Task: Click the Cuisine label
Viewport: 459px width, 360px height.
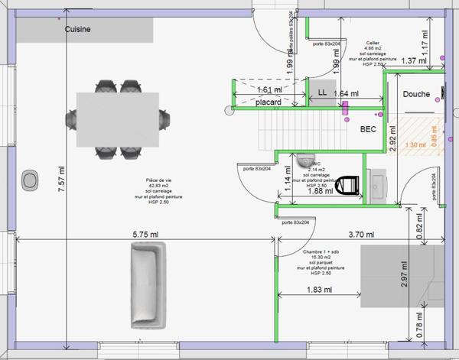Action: pos(78,29)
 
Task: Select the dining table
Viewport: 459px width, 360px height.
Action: pos(118,118)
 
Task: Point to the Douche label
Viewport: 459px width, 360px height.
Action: pos(417,95)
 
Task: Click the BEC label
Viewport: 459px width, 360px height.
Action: pos(368,129)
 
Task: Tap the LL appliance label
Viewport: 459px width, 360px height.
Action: pos(322,92)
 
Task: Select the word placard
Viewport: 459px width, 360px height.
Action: pos(269,102)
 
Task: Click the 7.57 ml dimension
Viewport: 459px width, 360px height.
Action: pos(62,180)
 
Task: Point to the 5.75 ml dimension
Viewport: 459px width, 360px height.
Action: pos(145,234)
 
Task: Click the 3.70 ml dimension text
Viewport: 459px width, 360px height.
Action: pos(360,234)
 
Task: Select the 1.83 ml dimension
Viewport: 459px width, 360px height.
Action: pos(315,290)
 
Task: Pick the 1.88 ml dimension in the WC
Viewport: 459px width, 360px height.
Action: pos(319,191)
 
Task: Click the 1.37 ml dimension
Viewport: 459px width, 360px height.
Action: pos(414,60)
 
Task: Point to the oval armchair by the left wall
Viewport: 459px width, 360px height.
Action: pos(30,180)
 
